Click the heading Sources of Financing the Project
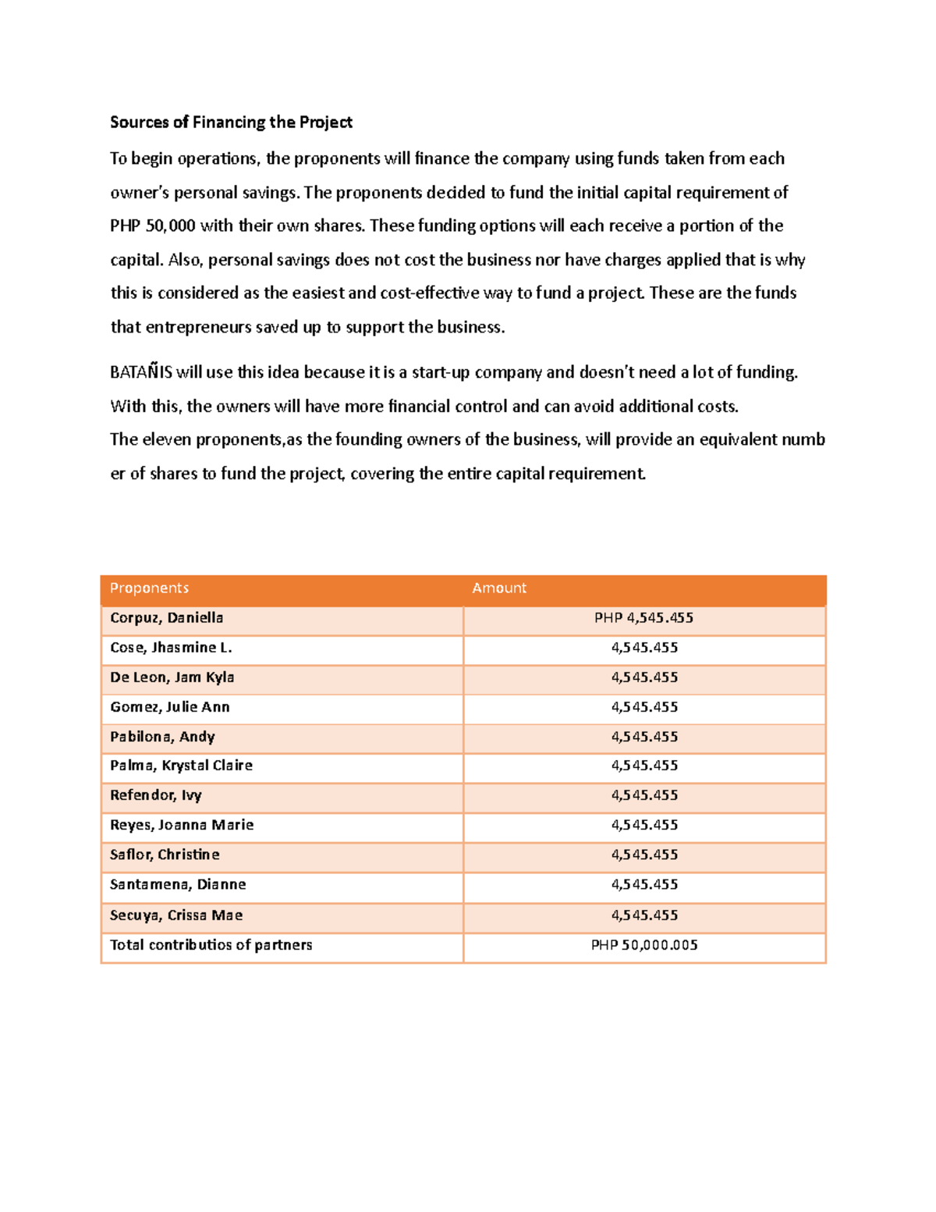[231, 122]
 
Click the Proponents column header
[149, 588]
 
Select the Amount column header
[499, 588]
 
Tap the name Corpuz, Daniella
[166, 617]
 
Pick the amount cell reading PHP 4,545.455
[643, 617]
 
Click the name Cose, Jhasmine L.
[171, 647]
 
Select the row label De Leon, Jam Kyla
[172, 677]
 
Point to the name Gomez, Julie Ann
[169, 706]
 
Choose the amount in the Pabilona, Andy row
[644, 736]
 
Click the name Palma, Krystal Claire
[181, 765]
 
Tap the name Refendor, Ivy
[155, 794]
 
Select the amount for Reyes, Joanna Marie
[644, 824]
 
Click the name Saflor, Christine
[165, 854]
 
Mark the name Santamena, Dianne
[178, 883]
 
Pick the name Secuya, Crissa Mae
[176, 915]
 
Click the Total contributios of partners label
[211, 944]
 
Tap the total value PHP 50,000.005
[644, 944]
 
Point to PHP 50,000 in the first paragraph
[152, 226]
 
